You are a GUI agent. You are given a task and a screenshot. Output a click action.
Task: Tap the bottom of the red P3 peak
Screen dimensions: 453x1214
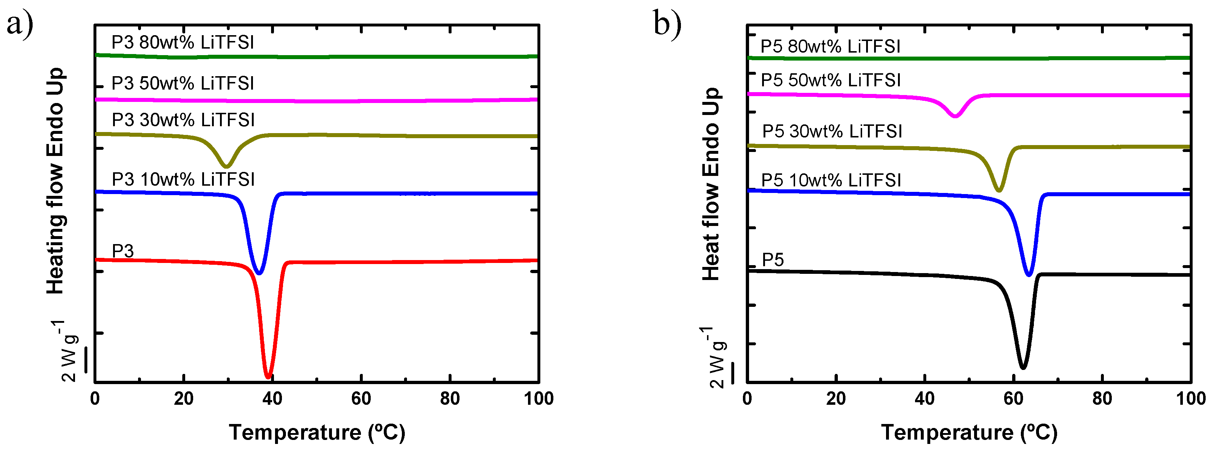point(268,376)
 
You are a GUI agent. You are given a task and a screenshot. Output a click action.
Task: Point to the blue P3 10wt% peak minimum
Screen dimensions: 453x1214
point(258,273)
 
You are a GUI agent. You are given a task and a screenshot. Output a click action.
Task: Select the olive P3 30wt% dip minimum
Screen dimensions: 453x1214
point(227,166)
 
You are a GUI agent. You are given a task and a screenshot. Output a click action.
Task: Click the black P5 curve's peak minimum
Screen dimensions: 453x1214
point(1023,367)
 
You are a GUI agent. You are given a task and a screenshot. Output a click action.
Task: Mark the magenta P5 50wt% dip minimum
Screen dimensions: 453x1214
point(955,116)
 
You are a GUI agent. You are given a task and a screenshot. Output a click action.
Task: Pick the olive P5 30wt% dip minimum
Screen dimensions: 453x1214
point(998,190)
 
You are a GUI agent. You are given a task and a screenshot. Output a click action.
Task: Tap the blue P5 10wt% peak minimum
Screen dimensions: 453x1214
point(1029,274)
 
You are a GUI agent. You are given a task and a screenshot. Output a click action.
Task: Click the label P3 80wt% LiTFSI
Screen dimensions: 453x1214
point(183,42)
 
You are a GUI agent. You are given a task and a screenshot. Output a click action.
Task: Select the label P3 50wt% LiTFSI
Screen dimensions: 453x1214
point(183,83)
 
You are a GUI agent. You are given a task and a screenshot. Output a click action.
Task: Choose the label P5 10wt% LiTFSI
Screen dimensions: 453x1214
point(831,180)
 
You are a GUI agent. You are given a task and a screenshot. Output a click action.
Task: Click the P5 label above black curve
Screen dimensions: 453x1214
point(773,260)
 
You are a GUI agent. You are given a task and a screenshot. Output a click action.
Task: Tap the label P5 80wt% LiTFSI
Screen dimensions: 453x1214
point(830,47)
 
